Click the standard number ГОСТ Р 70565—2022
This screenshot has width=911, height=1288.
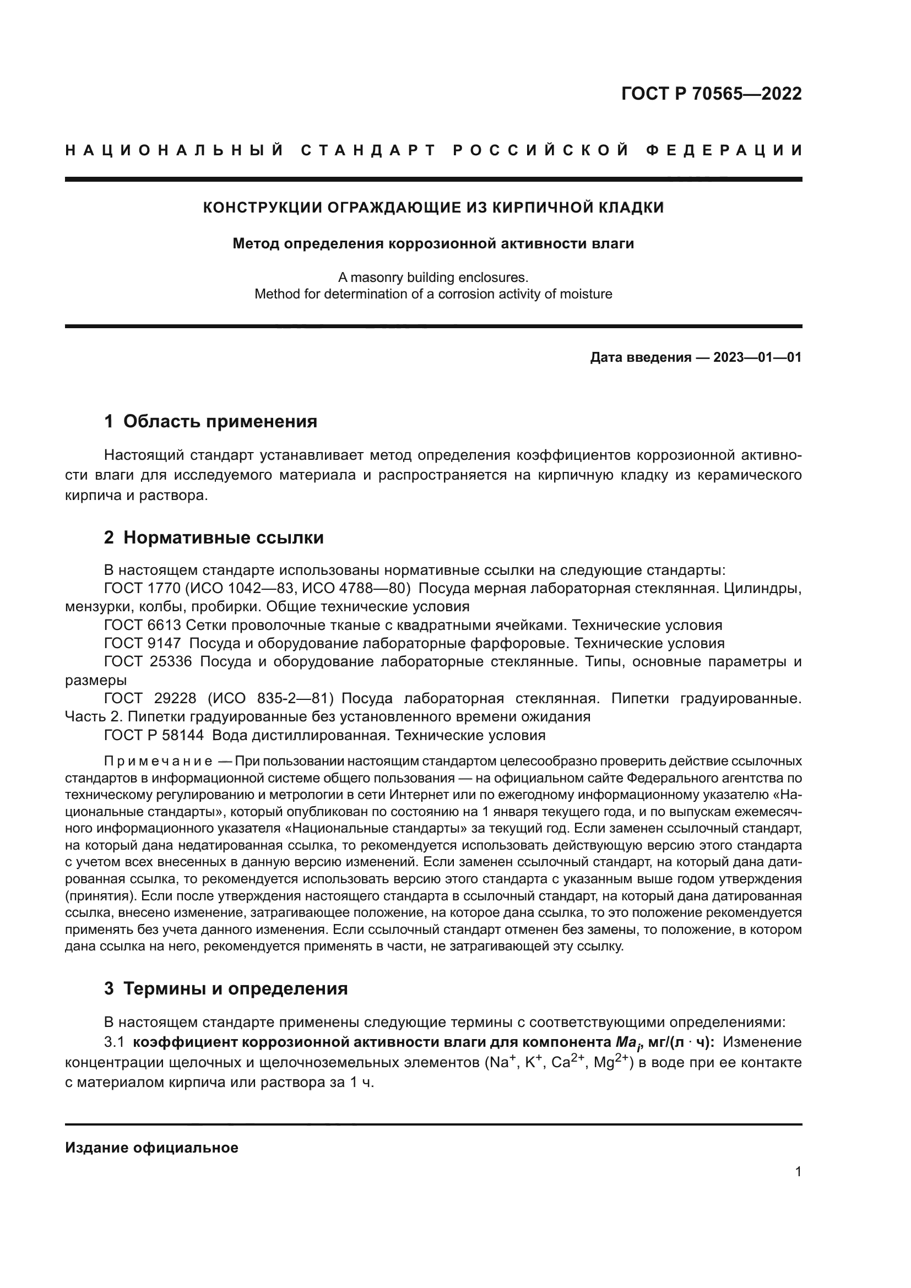click(711, 94)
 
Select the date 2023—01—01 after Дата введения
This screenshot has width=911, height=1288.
click(757, 357)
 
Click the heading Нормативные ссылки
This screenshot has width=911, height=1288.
click(223, 537)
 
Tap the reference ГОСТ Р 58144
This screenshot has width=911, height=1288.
click(154, 735)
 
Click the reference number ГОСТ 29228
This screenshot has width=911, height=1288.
click(150, 698)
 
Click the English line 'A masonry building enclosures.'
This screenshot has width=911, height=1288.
click(433, 277)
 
